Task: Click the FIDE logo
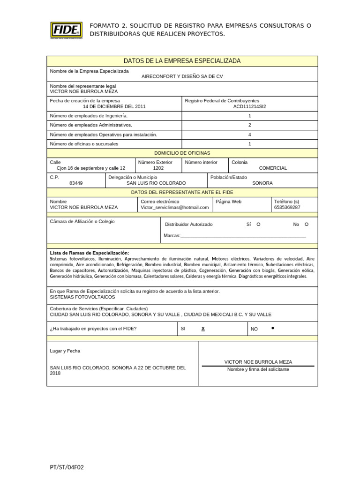tap(66, 30)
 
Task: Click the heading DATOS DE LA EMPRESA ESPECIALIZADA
tap(182, 61)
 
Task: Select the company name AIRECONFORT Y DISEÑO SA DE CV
tap(182, 76)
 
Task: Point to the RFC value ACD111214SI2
tap(249, 106)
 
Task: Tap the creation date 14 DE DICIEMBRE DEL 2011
tap(114, 106)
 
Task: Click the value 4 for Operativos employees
tap(249, 135)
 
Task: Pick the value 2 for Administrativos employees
tap(249, 125)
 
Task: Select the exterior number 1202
tap(158, 168)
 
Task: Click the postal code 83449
tap(76, 183)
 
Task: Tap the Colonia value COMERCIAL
tap(273, 168)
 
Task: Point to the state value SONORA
tap(262, 183)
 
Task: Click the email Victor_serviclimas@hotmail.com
tap(174, 207)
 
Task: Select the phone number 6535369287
tap(287, 207)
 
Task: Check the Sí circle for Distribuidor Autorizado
tap(258, 224)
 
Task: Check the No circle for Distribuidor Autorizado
tap(307, 224)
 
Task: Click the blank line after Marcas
tap(243, 235)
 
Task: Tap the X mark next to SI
tap(203, 329)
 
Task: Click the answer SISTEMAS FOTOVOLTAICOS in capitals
tap(82, 297)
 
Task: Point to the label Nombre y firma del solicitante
tap(258, 369)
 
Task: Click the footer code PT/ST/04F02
tap(67, 467)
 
